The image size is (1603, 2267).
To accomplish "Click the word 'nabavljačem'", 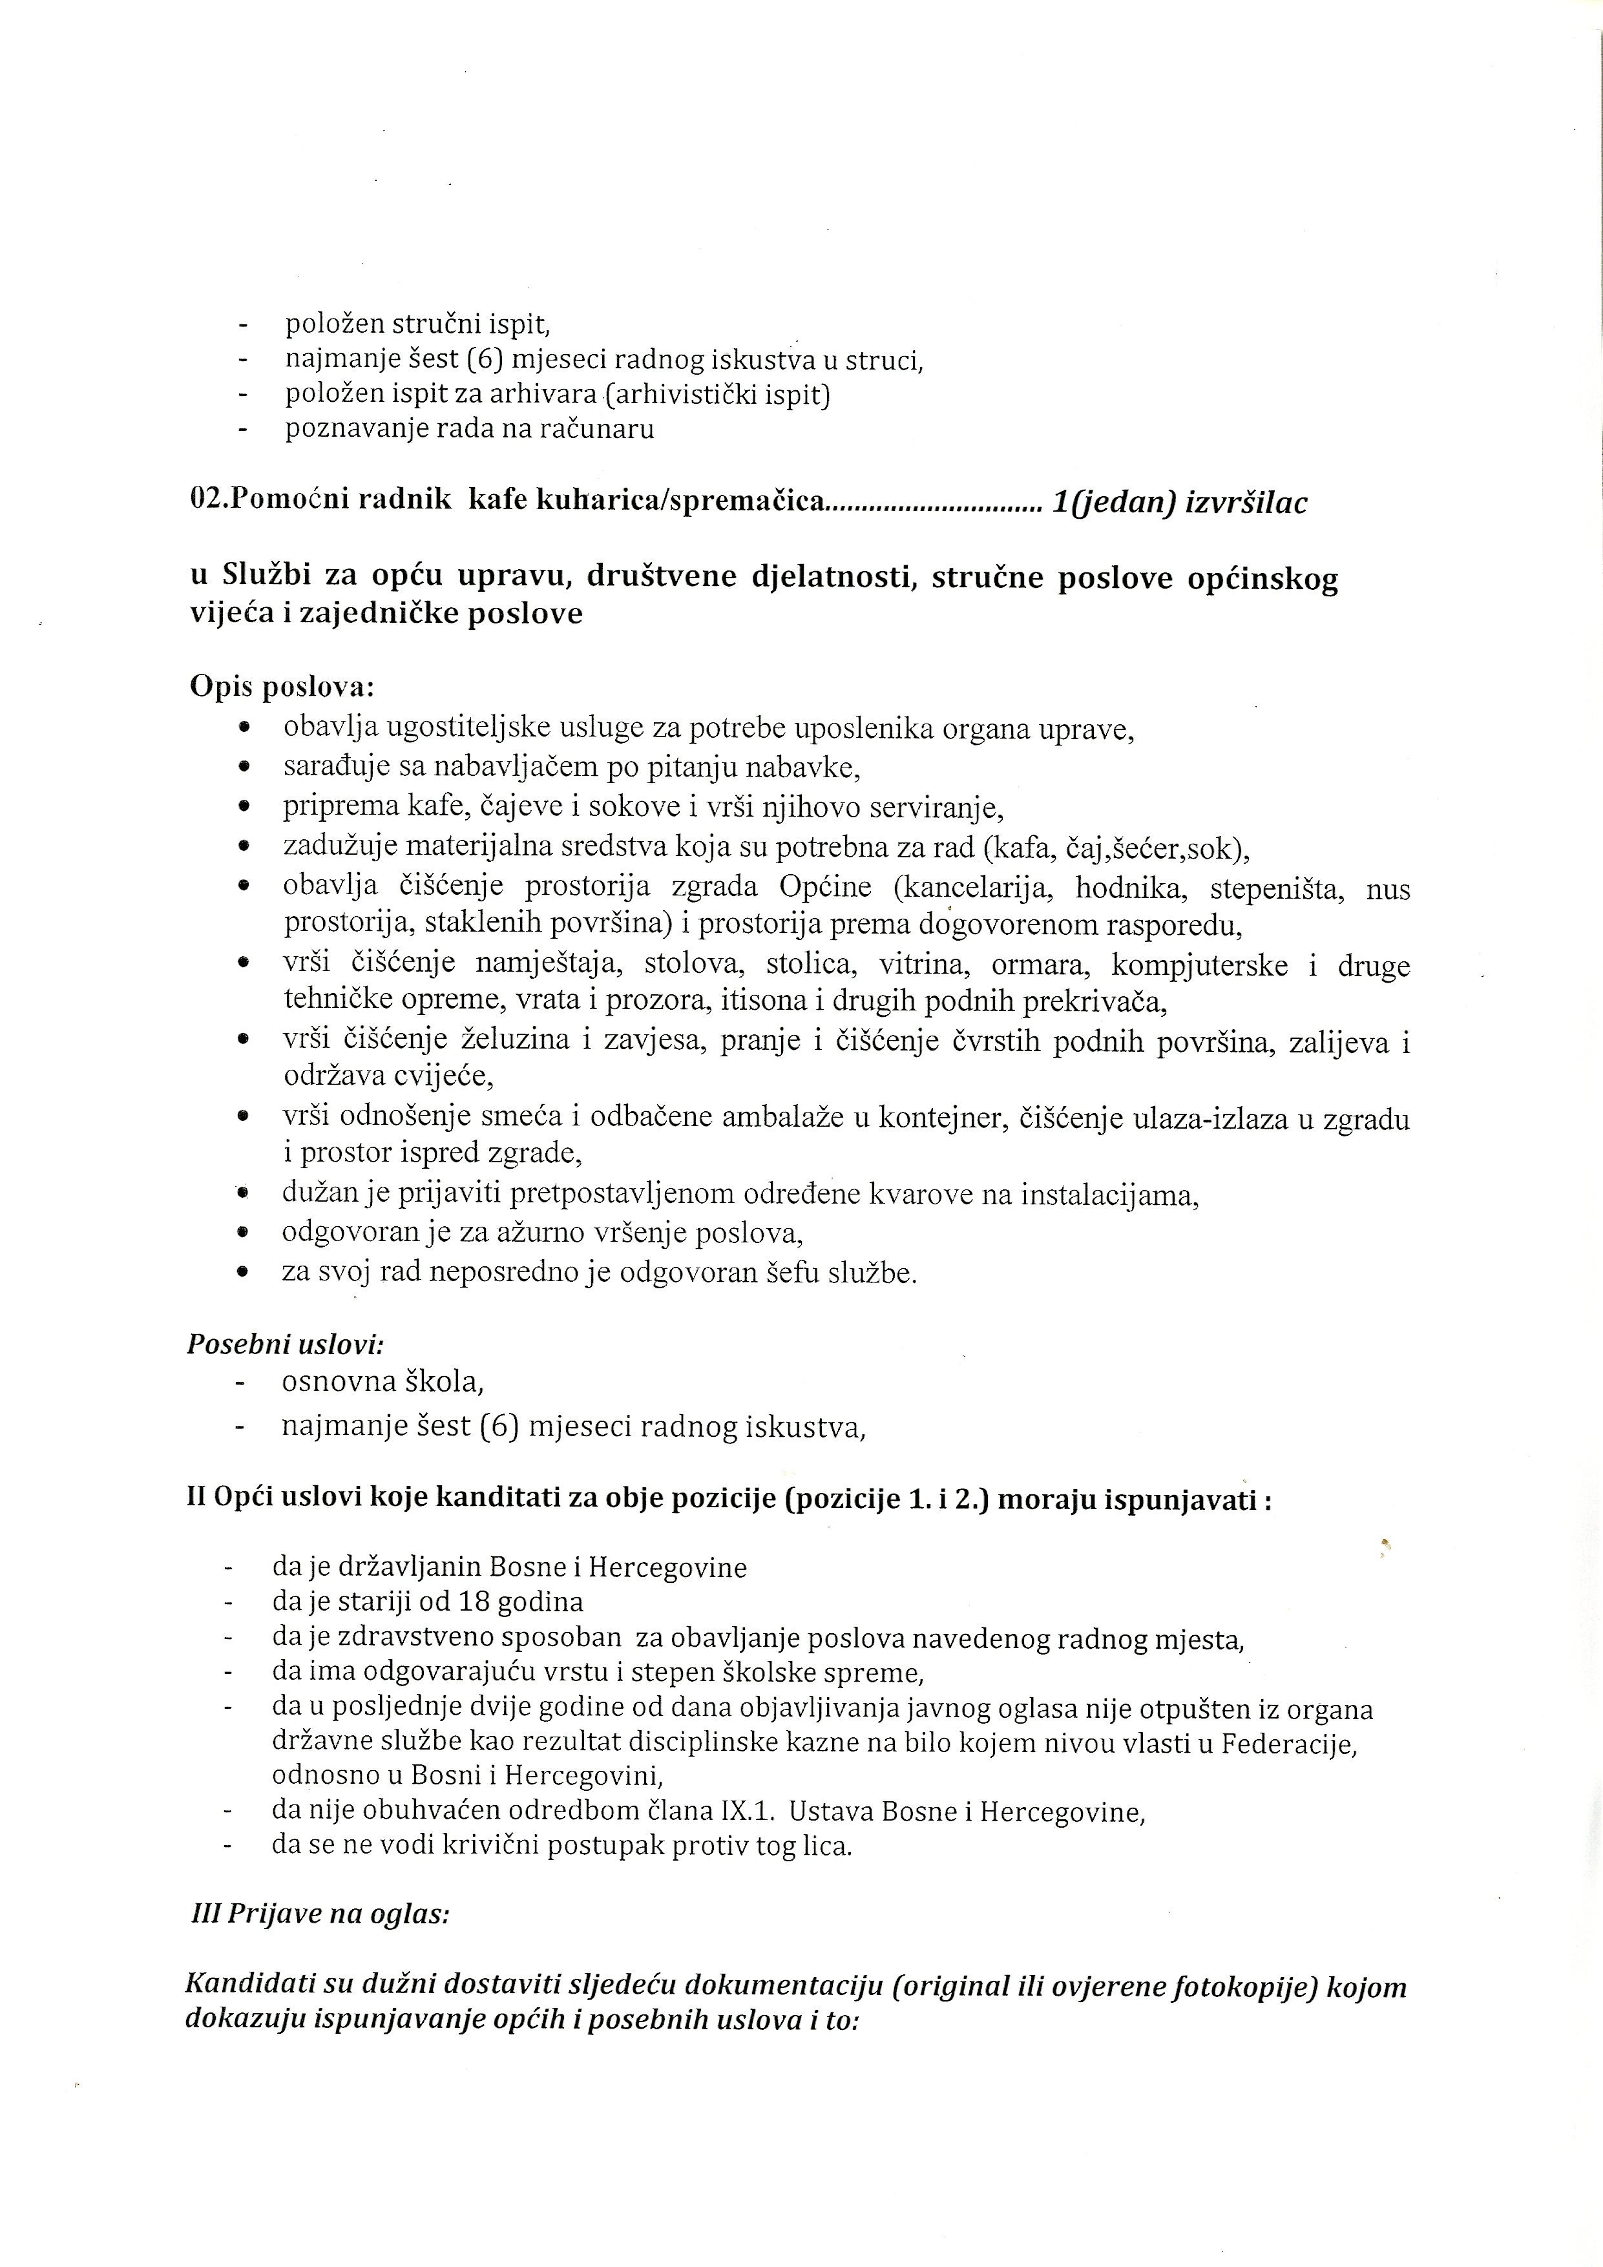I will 507,766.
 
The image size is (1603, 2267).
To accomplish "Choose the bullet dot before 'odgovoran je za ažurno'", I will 242,1233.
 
